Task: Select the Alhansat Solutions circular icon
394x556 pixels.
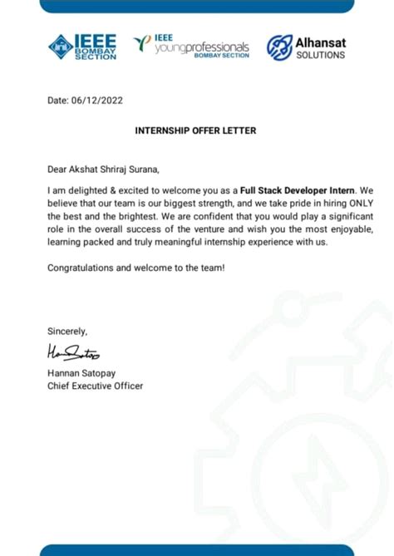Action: (x=279, y=47)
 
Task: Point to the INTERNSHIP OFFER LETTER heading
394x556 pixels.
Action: (x=196, y=130)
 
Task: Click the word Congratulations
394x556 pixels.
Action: (x=80, y=267)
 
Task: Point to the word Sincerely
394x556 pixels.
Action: (x=67, y=331)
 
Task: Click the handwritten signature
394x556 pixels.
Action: (x=73, y=355)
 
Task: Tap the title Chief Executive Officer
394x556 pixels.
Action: (x=95, y=386)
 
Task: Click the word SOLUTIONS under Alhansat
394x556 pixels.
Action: (x=320, y=56)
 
